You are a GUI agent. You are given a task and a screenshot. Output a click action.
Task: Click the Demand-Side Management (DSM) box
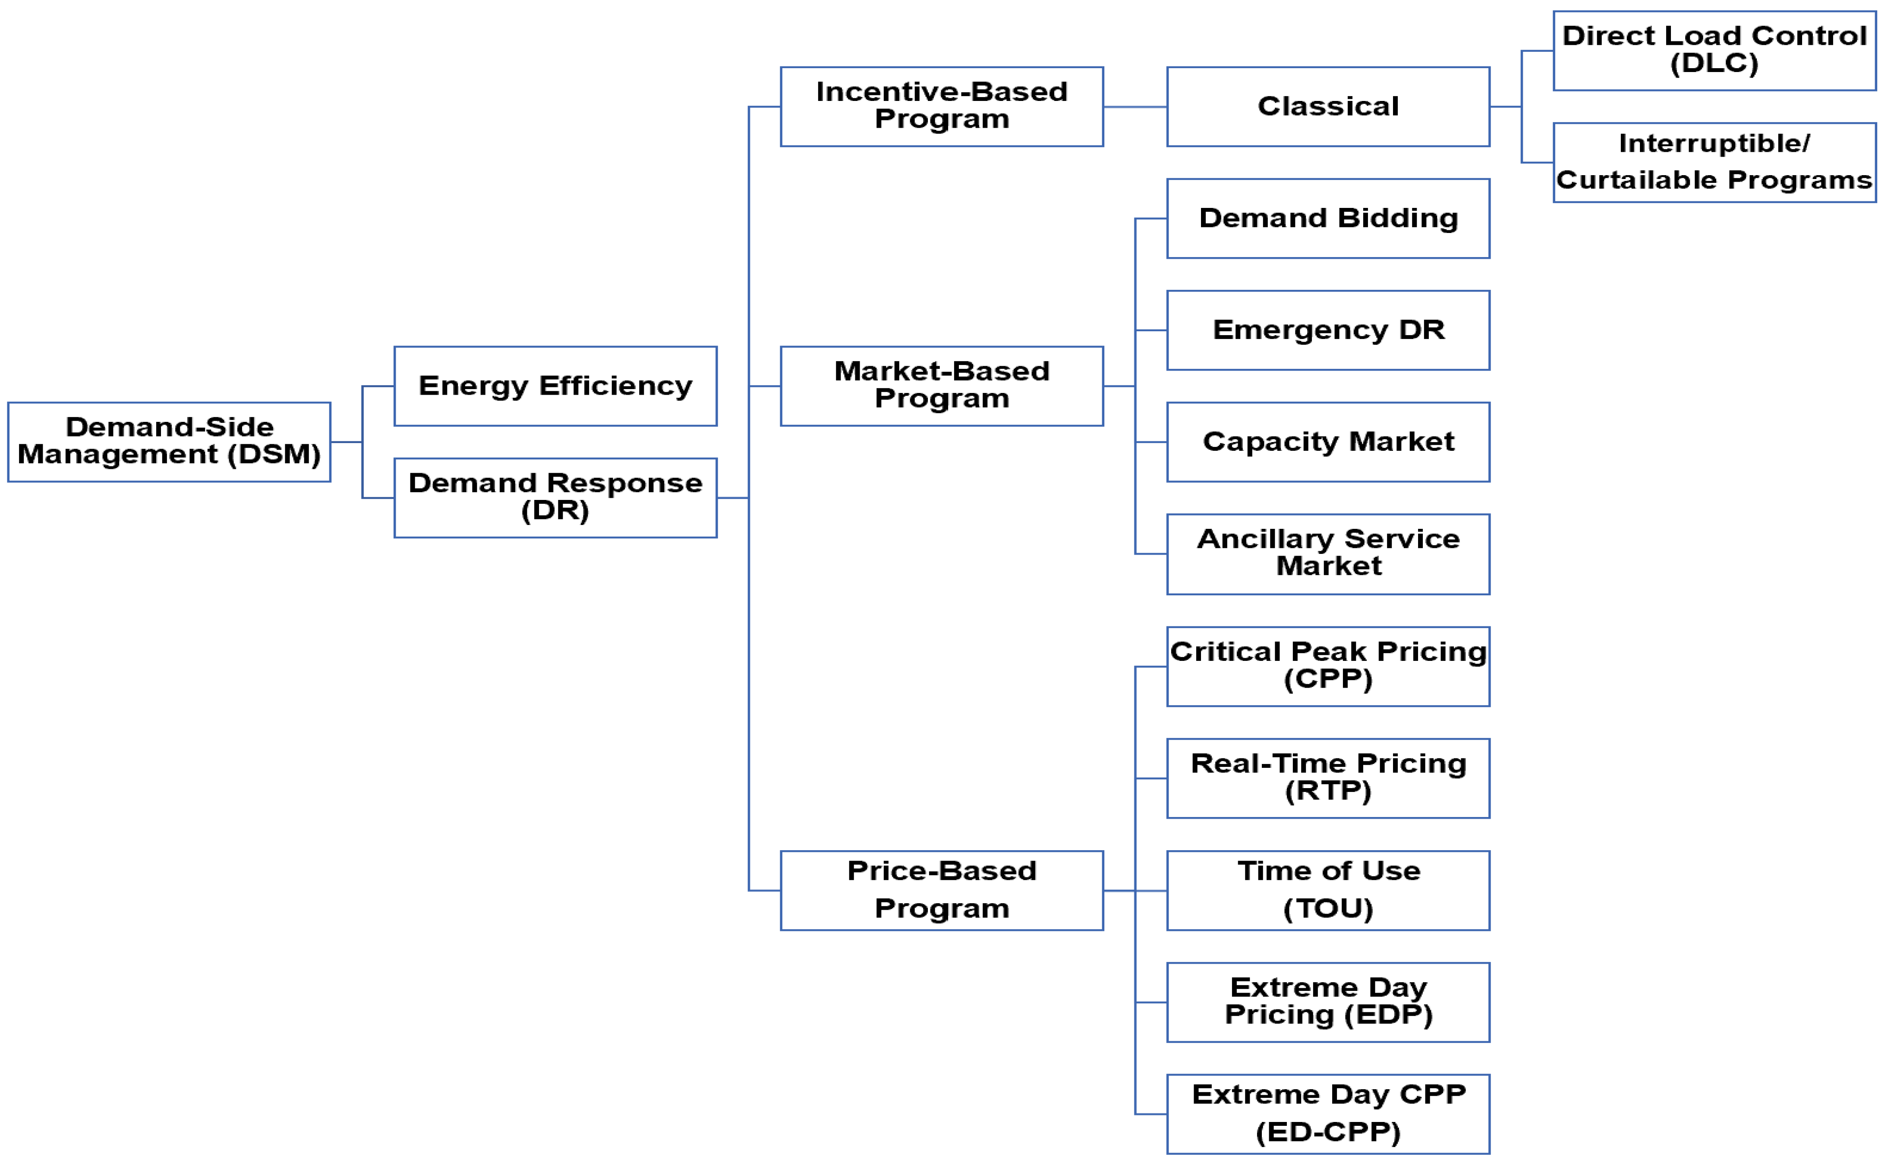pyautogui.click(x=169, y=442)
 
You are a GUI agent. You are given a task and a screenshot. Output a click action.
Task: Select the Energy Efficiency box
pyautogui.click(x=555, y=386)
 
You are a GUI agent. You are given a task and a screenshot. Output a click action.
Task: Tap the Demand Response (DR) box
pyautogui.click(x=555, y=498)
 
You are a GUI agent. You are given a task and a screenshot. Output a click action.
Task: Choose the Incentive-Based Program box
pyautogui.click(x=941, y=106)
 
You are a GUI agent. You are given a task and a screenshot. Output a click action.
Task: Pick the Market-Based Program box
pyautogui.click(x=941, y=386)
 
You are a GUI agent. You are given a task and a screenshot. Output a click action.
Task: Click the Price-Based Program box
pyautogui.click(x=941, y=890)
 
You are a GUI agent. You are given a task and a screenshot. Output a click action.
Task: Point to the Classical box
pyautogui.click(x=1327, y=106)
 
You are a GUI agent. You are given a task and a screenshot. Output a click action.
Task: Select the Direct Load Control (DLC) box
pyautogui.click(x=1714, y=50)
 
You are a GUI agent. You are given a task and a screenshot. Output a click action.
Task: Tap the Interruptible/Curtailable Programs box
pyautogui.click(x=1714, y=162)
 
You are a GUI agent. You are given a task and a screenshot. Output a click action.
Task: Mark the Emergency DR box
pyautogui.click(x=1327, y=330)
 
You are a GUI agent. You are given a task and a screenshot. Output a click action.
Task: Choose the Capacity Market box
pyautogui.click(x=1327, y=442)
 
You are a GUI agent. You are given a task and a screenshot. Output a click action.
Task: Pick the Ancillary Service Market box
pyautogui.click(x=1327, y=553)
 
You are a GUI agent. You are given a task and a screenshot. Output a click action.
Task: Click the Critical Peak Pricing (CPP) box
pyautogui.click(x=1327, y=666)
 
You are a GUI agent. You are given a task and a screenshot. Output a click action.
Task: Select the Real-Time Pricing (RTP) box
pyautogui.click(x=1327, y=777)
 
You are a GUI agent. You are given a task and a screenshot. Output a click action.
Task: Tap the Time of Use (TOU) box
pyautogui.click(x=1327, y=890)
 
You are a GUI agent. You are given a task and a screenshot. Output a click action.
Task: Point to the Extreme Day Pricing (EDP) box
pyautogui.click(x=1327, y=1002)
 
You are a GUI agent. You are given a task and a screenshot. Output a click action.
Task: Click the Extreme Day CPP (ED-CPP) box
pyautogui.click(x=1327, y=1113)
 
